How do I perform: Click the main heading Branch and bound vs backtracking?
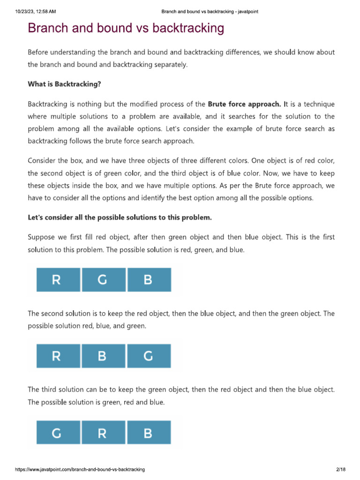[x=126, y=29]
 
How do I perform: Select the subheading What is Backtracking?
[x=64, y=84]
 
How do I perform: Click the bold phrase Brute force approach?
[x=244, y=104]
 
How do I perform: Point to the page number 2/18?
[x=340, y=469]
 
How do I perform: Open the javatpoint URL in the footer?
[x=80, y=469]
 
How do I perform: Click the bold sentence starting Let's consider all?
[x=120, y=217]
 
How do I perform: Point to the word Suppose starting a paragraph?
[x=41, y=237]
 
